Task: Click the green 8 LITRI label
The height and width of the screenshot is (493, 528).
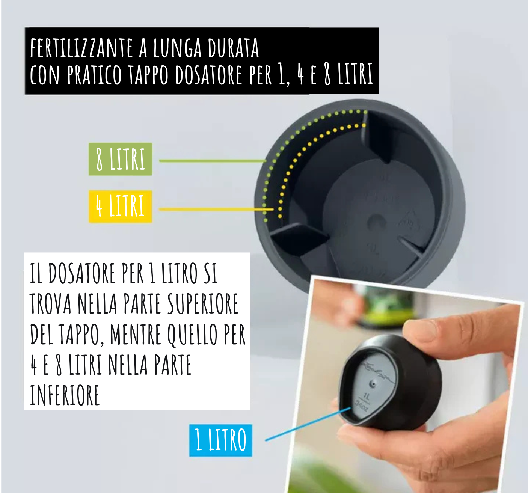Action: pos(120,159)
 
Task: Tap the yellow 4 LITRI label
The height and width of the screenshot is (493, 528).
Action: pos(120,207)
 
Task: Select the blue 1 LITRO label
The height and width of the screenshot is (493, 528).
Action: pos(220,440)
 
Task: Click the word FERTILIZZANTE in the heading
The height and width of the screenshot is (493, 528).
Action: pos(81,48)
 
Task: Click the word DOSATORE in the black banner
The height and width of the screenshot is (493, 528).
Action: pos(208,75)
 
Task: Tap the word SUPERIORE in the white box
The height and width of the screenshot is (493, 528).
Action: pos(203,304)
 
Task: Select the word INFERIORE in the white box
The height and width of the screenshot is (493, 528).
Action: pos(65,395)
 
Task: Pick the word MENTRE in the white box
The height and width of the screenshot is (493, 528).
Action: pos(136,334)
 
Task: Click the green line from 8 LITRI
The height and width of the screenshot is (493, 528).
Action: pos(213,161)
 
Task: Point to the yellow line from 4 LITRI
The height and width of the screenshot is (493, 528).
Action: pos(216,210)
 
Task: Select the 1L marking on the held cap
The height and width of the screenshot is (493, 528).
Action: pos(367,397)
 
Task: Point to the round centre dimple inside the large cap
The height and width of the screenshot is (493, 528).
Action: pos(376,222)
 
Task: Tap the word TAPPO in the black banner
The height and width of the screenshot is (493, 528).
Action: pos(148,75)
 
